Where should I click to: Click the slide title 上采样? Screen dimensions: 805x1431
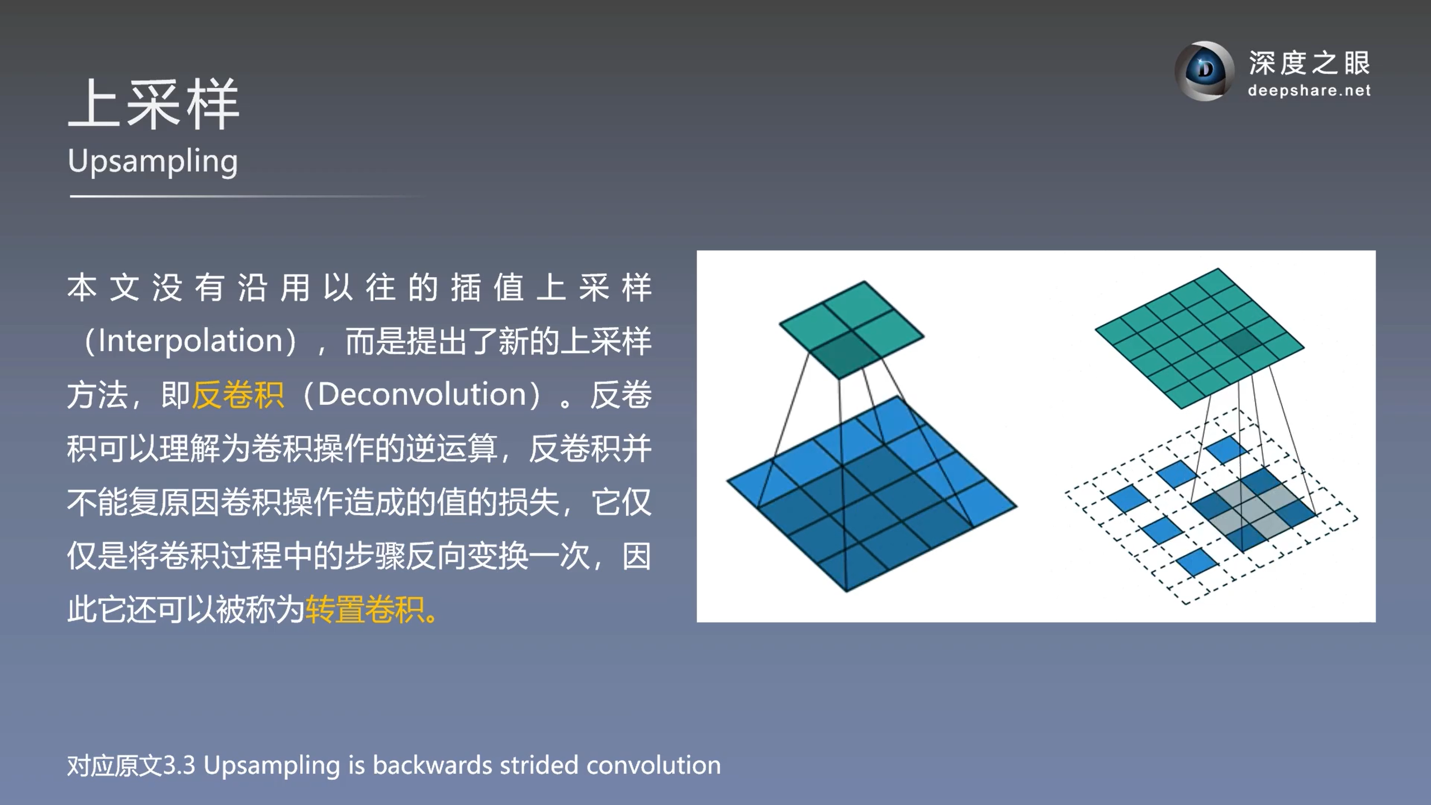tap(154, 105)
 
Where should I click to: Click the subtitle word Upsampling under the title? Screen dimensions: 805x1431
tap(153, 162)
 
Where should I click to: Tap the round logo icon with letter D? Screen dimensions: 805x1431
tap(1205, 71)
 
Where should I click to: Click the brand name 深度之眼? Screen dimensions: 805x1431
tap(1309, 63)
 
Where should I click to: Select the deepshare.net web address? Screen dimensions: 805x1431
tap(1309, 91)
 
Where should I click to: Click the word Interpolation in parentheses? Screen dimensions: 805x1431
tap(191, 340)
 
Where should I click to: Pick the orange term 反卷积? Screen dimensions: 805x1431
tap(238, 395)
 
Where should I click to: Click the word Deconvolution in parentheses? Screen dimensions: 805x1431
tap(422, 395)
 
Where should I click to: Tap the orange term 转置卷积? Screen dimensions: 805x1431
tap(364, 609)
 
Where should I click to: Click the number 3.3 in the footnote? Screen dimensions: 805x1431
tap(179, 765)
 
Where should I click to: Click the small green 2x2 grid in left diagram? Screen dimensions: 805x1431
tap(851, 329)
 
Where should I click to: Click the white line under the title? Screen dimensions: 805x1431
tap(246, 196)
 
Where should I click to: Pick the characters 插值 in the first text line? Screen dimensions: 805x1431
tap(487, 288)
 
